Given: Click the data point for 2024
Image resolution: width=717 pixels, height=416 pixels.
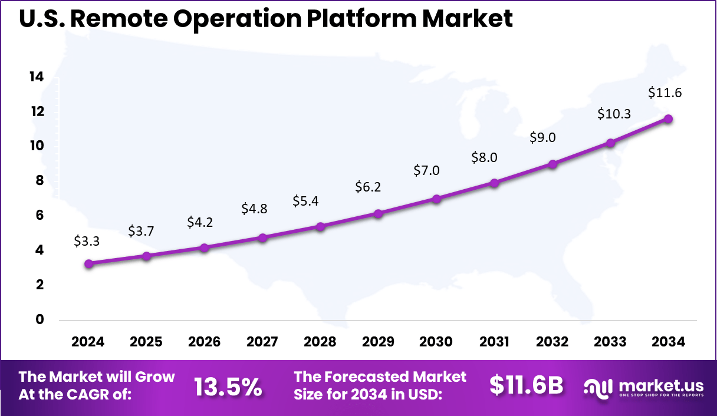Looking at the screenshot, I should (88, 264).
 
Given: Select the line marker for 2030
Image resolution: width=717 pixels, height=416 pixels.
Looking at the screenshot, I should (436, 199).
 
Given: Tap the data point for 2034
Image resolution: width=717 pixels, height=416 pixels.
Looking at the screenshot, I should (668, 118).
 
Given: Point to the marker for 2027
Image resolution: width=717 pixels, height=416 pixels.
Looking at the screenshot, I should (263, 237).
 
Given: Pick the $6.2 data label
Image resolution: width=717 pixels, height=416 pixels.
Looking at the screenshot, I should (369, 187).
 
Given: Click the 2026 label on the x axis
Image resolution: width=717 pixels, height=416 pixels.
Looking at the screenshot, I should (204, 342).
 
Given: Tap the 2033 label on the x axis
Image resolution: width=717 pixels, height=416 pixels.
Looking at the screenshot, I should (610, 342).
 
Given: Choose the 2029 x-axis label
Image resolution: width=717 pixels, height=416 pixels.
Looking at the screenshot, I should (378, 342).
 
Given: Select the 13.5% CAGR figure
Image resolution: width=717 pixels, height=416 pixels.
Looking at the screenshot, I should (228, 387).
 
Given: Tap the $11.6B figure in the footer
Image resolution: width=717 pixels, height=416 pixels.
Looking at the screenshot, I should (526, 385).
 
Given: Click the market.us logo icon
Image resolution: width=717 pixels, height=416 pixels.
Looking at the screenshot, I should (598, 387).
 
